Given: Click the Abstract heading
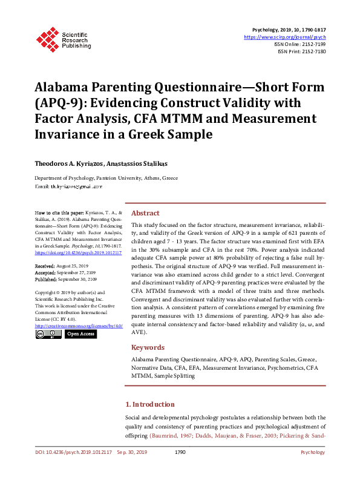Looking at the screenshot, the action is click(x=146, y=213).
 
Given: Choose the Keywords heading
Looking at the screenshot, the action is click(x=148, y=347).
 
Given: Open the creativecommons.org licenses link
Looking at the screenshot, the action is click(x=79, y=326).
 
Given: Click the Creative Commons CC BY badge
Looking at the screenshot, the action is click(x=48, y=334).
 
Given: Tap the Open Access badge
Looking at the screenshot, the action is click(x=80, y=334).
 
